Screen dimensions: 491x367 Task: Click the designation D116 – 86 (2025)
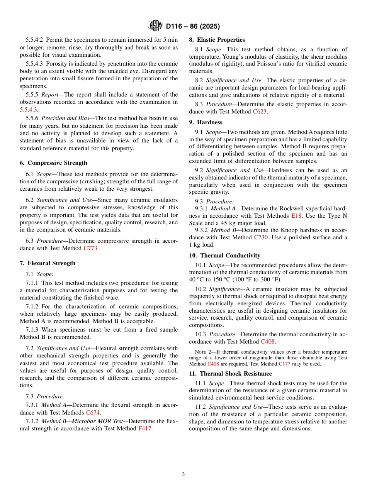click(193, 27)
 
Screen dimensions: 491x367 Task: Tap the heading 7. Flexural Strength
click(48, 263)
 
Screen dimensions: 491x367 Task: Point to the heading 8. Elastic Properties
click(217, 40)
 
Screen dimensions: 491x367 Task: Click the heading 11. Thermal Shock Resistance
click(230, 374)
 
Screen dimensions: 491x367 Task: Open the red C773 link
click(90, 248)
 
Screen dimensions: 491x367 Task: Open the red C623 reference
click(260, 112)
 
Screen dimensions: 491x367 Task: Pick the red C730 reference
click(261, 238)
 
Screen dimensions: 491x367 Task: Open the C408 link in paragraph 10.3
click(268, 342)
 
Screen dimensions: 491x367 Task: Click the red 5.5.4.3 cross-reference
click(29, 110)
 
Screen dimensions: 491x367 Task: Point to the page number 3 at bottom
click(183, 474)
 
